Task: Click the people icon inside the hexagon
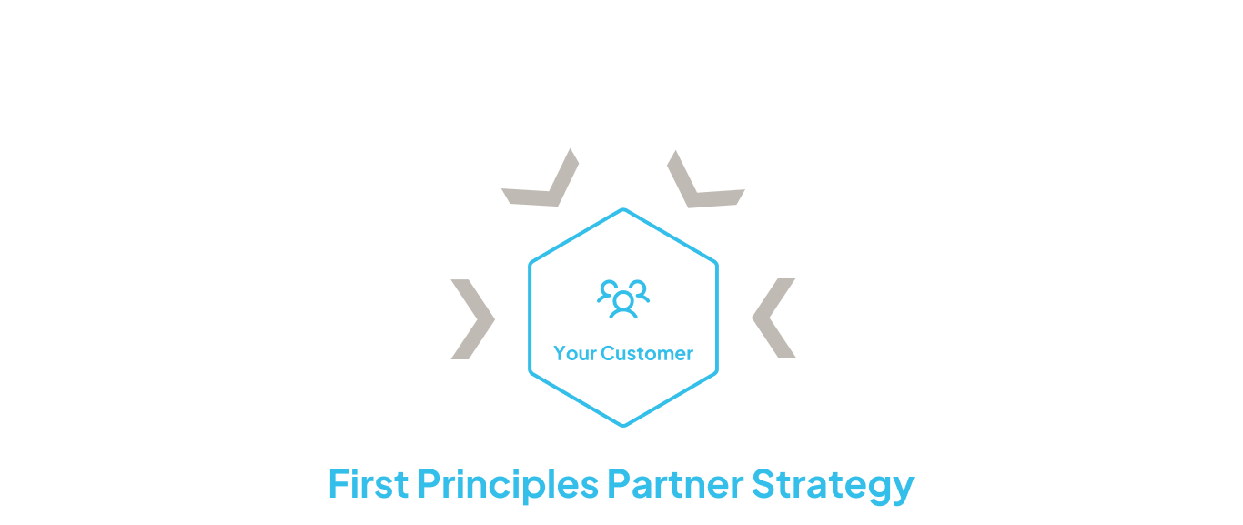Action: pos(623,298)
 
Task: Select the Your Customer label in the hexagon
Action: pos(623,354)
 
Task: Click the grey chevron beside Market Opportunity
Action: pos(472,318)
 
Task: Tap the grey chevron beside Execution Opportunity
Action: pos(774,318)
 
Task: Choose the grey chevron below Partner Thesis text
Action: pos(703,179)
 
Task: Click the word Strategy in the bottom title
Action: pos(833,485)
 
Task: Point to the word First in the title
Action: pos(367,485)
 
